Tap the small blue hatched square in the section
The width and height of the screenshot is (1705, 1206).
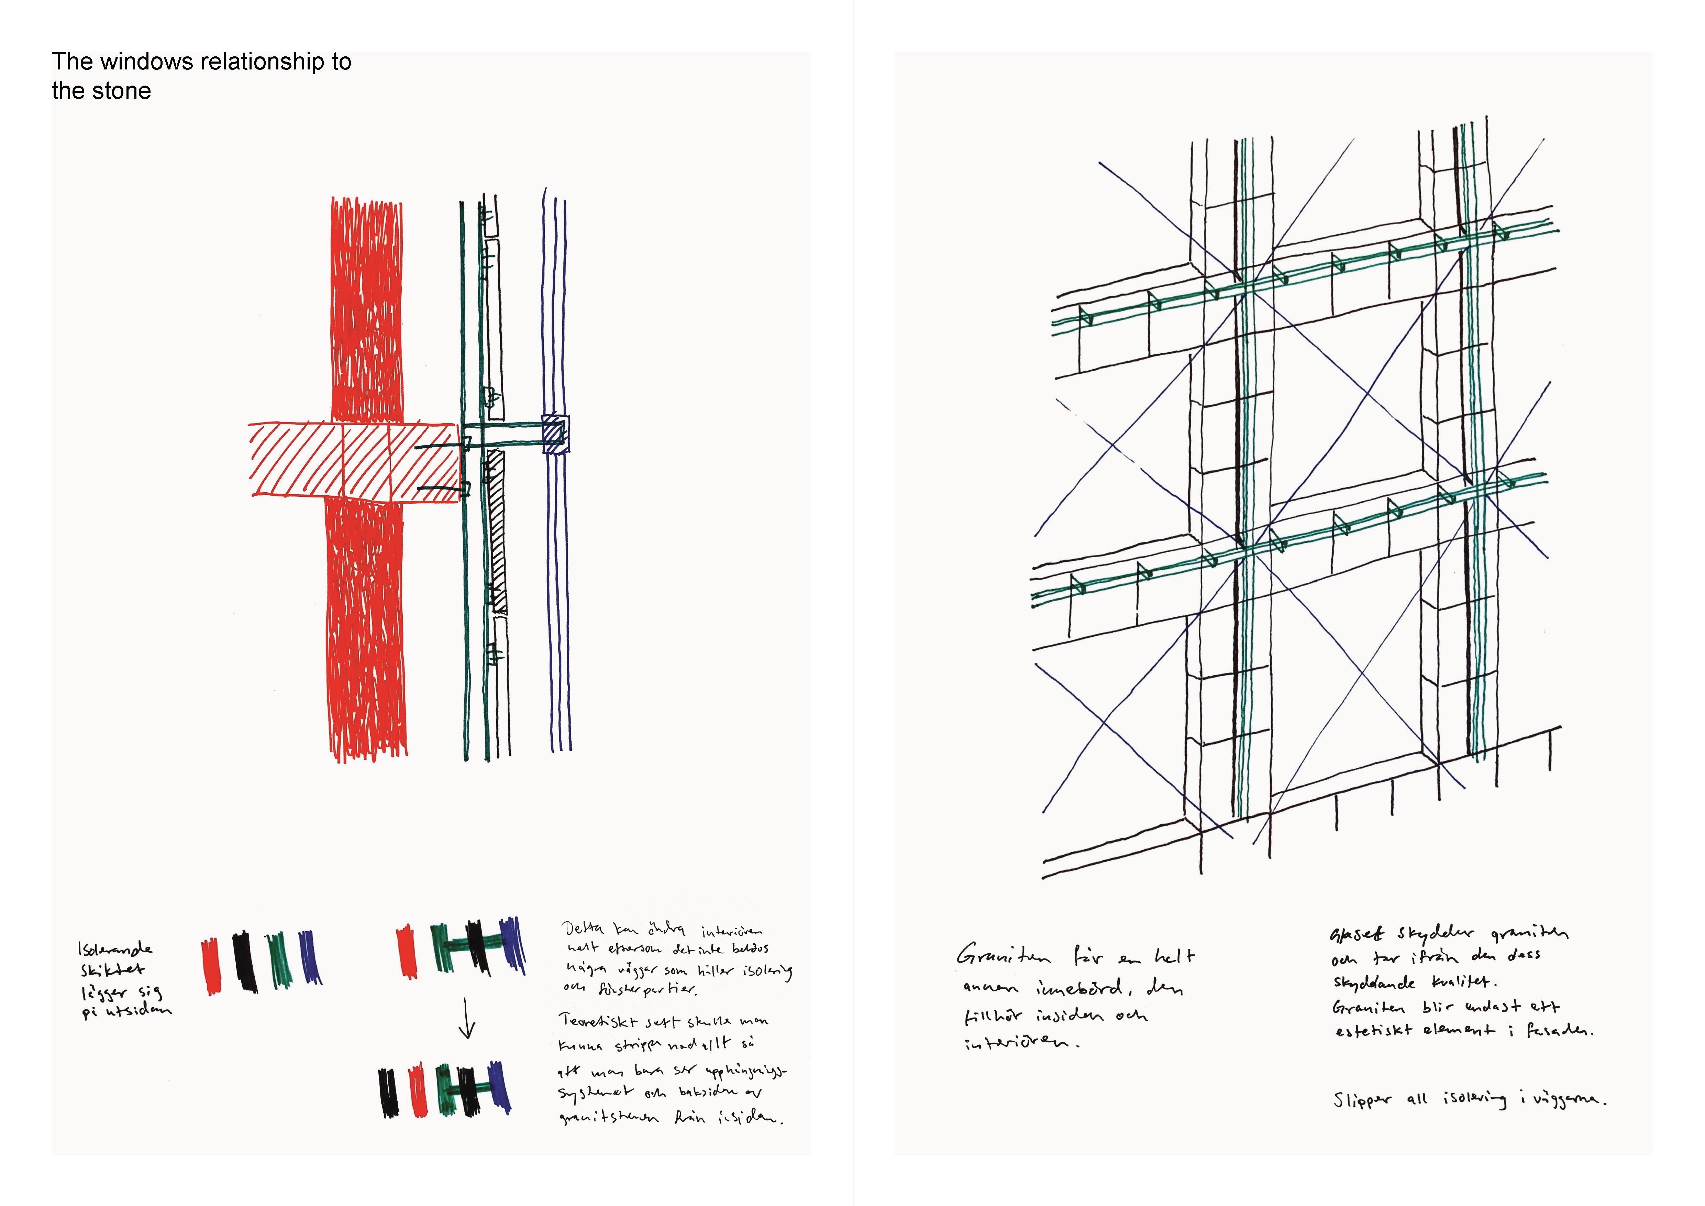click(x=555, y=433)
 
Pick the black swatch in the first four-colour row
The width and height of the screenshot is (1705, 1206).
click(x=245, y=962)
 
